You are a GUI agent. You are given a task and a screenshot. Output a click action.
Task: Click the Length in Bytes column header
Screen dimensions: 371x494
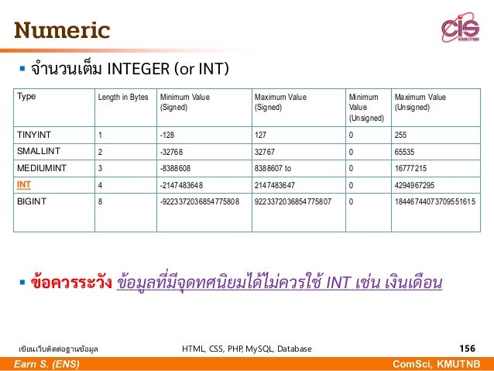point(122,97)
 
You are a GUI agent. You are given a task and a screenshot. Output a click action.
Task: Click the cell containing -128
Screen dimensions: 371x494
point(167,134)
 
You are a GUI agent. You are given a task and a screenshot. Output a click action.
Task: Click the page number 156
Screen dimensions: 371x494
point(468,349)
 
